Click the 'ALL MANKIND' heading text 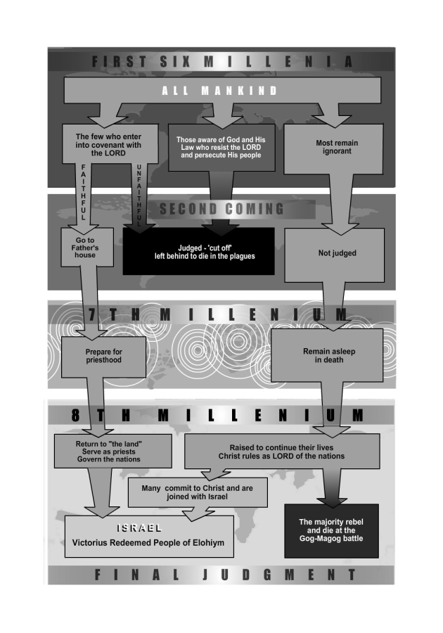tap(220, 91)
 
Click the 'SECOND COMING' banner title tap(222, 208)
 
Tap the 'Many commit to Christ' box tap(198, 493)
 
